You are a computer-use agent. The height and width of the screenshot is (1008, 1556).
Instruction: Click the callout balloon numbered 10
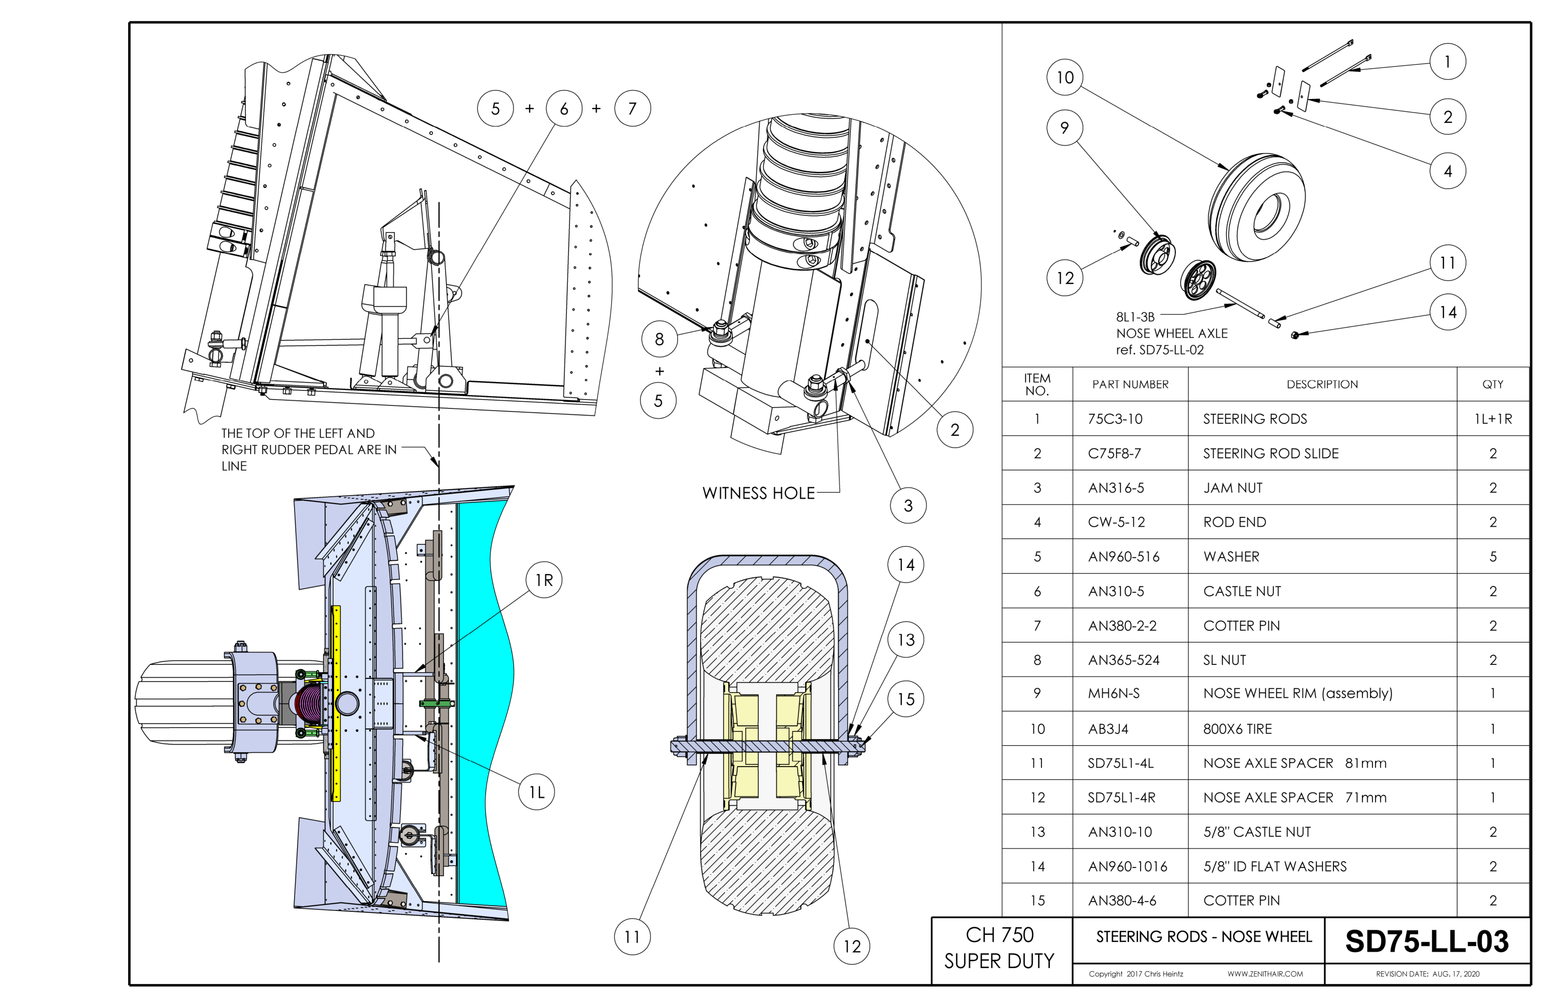(1064, 77)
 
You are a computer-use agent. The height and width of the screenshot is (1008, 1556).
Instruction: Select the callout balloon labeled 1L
(536, 792)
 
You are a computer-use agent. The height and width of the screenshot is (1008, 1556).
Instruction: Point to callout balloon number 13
(906, 639)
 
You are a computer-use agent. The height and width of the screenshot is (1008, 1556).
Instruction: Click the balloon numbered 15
(906, 699)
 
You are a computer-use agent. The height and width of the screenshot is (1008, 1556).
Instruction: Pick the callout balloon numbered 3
(908, 505)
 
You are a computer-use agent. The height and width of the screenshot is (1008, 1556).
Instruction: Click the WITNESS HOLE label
(758, 493)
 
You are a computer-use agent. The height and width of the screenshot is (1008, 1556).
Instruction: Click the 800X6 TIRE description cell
(1237, 729)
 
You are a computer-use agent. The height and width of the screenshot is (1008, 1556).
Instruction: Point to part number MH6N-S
(1114, 693)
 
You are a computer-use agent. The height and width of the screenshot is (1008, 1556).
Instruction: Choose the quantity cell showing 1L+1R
(1493, 419)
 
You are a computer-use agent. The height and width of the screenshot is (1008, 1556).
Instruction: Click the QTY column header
(1493, 385)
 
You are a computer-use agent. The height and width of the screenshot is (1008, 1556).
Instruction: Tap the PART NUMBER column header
(1130, 385)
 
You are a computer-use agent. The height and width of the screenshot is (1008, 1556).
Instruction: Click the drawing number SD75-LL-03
(1426, 941)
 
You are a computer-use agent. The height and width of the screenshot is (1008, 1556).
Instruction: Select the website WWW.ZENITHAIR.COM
(1265, 974)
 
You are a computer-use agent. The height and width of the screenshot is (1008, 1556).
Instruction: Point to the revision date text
(1428, 974)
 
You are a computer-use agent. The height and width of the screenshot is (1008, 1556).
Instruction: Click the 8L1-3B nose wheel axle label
(1172, 333)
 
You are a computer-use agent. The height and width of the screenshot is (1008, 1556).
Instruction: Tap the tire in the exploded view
(1255, 206)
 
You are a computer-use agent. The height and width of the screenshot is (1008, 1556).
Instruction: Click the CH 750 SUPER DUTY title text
(999, 948)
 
